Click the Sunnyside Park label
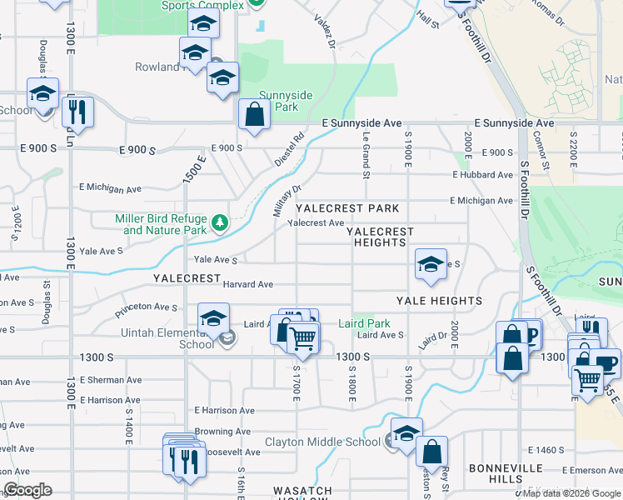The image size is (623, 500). point(286,101)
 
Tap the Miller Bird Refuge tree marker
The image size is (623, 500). point(219,222)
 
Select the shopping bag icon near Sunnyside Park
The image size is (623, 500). point(254,115)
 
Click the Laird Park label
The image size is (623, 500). point(365,323)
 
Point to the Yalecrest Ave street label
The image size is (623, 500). point(316,223)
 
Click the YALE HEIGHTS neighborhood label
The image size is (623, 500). point(439,301)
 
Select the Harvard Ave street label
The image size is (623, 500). point(248,284)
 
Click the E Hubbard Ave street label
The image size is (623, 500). point(483,175)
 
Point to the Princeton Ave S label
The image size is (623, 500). point(147,307)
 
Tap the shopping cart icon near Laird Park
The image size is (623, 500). point(303,337)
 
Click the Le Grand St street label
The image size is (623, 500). point(366,155)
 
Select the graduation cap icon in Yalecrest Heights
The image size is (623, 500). point(430,264)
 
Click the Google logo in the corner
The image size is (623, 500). point(27,490)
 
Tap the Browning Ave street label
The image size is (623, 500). point(222,432)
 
